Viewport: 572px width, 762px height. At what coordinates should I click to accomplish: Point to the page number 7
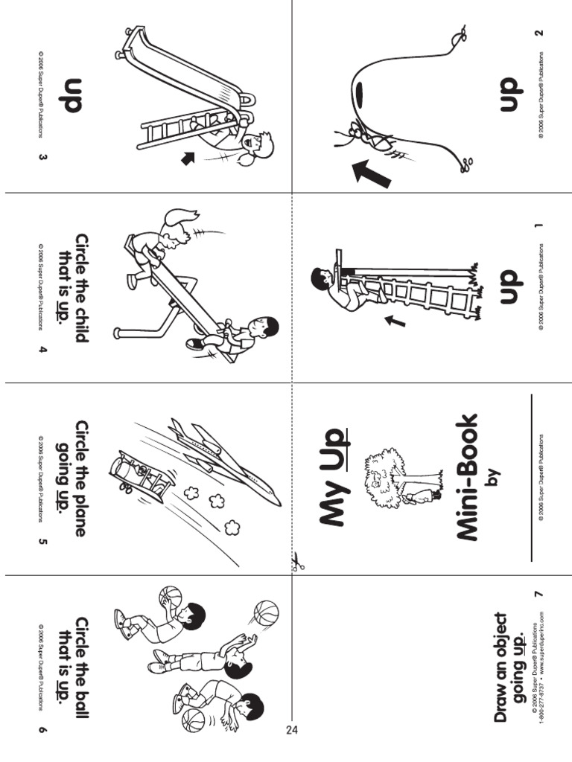(x=538, y=593)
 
